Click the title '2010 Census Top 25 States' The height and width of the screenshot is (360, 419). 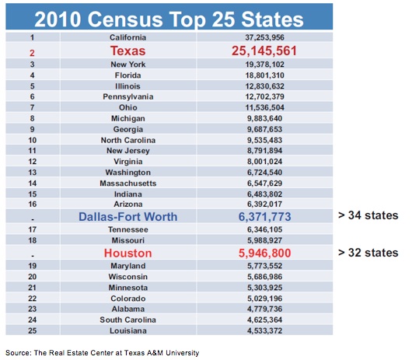pyautogui.click(x=169, y=19)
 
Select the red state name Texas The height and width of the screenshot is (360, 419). pyautogui.click(x=128, y=51)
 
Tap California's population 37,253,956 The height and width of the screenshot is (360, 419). pyautogui.click(x=264, y=37)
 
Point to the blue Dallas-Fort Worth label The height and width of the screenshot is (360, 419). pyautogui.click(x=128, y=217)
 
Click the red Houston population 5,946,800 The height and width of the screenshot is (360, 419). pyautogui.click(x=264, y=253)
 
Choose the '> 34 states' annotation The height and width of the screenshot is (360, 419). pyautogui.click(x=368, y=215)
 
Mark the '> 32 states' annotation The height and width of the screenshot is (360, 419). pyautogui.click(x=368, y=253)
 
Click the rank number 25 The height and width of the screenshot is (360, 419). pyautogui.click(x=33, y=330)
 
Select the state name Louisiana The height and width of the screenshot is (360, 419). pyautogui.click(x=128, y=330)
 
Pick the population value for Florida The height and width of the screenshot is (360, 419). pyautogui.click(x=264, y=75)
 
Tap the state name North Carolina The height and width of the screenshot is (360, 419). pyautogui.click(x=128, y=140)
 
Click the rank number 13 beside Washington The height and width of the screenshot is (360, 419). pyautogui.click(x=33, y=173)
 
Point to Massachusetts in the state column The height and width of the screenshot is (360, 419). pyautogui.click(x=128, y=183)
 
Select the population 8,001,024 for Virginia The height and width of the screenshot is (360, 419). pyautogui.click(x=264, y=162)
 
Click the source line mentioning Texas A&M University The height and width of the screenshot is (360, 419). pyautogui.click(x=103, y=353)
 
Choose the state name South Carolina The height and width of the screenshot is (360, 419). pyautogui.click(x=128, y=320)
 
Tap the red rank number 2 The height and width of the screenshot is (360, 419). pyautogui.click(x=32, y=53)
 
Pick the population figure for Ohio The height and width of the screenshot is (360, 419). pyautogui.click(x=264, y=107)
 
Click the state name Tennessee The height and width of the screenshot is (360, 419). pyautogui.click(x=128, y=229)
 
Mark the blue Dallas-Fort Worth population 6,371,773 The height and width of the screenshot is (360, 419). pyautogui.click(x=264, y=217)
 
